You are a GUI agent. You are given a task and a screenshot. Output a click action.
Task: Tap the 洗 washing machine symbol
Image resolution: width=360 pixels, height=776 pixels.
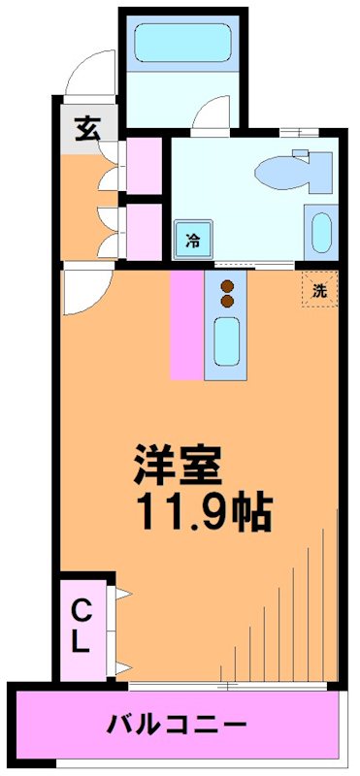tap(318, 288)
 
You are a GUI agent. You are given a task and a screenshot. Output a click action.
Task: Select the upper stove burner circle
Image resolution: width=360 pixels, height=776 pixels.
tap(227, 285)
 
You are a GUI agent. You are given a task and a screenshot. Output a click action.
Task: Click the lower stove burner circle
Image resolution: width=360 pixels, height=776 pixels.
tap(227, 301)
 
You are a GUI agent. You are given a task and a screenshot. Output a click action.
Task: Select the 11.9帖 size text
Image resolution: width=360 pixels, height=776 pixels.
tap(202, 511)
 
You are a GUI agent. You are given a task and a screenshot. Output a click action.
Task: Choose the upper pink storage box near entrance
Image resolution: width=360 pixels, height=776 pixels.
tap(144, 166)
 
